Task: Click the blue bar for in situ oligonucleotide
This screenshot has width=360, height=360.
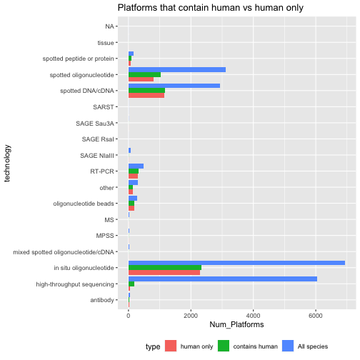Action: tap(236, 263)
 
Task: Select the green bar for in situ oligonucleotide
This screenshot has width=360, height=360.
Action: tap(165, 268)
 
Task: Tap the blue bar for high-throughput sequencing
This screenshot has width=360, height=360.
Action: tap(223, 279)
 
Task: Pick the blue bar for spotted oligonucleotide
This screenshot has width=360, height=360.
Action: tap(177, 70)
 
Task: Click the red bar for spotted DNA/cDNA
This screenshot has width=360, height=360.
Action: tap(146, 96)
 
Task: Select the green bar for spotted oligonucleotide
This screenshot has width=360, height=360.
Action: tap(144, 74)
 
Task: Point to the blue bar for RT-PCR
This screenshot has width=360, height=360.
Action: tap(136, 166)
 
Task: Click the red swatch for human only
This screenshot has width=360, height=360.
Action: tap(171, 346)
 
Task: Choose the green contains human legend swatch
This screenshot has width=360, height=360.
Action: tap(224, 346)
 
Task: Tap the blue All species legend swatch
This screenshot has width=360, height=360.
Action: tap(288, 346)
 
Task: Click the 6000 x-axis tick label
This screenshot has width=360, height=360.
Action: tap(316, 316)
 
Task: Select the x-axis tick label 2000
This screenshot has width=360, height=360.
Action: tap(191, 316)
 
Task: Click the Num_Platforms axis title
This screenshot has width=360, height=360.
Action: tap(236, 324)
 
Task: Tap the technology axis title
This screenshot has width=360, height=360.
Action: tap(7, 164)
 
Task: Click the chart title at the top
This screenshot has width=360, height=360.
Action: tap(211, 8)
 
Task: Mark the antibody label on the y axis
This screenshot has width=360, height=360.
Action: tap(102, 300)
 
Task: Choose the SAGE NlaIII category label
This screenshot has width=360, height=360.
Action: tap(97, 156)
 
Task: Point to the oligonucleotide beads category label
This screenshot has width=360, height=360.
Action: tap(84, 204)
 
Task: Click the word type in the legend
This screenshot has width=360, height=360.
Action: tap(153, 346)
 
